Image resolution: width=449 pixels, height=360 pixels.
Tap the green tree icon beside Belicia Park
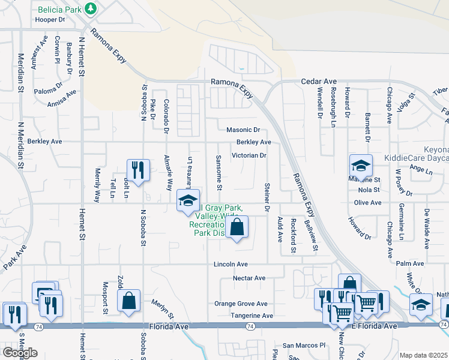pyautogui.click(x=91, y=8)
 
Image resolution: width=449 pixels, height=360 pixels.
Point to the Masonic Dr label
pyautogui.click(x=243, y=130)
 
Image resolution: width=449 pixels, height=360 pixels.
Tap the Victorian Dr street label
pyautogui.click(x=249, y=155)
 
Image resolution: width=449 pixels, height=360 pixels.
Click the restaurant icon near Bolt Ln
pyautogui.click(x=138, y=170)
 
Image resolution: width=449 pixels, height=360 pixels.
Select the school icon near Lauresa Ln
pyautogui.click(x=188, y=200)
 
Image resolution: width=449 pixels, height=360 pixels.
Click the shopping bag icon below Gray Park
pyautogui.click(x=237, y=227)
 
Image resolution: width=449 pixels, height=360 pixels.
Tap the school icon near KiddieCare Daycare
pyautogui.click(x=361, y=166)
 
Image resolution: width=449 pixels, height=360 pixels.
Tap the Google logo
pyautogui.click(x=20, y=353)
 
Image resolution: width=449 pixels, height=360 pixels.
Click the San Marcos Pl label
pyautogui.click(x=304, y=346)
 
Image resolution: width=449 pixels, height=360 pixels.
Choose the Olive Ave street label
pyautogui.click(x=367, y=203)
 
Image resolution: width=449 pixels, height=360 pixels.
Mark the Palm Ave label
pyautogui.click(x=410, y=263)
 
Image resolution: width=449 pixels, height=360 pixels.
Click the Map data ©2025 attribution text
pyautogui.click(x=423, y=355)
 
